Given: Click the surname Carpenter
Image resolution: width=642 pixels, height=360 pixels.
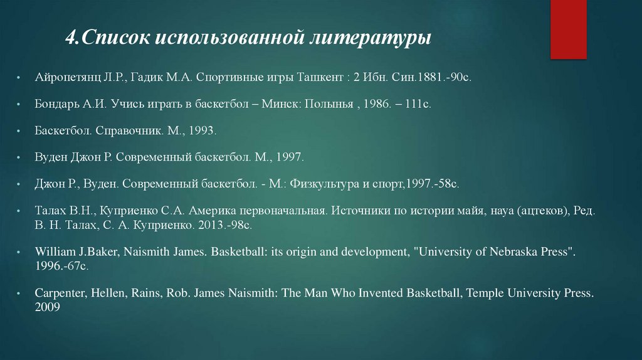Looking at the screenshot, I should tap(60, 293).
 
